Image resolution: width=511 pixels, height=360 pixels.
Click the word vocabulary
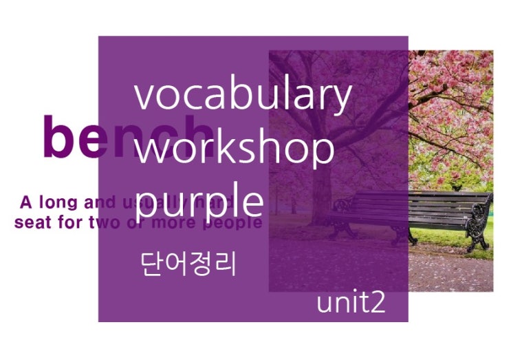[242, 96]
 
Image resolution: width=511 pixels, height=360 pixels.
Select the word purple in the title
[199, 200]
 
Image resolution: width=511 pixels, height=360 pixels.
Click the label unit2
[351, 304]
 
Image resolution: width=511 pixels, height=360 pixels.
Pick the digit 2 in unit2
[378, 304]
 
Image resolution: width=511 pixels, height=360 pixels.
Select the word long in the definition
[57, 203]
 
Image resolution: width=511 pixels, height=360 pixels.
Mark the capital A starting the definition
[27, 203]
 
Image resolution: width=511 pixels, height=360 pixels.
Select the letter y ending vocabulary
[342, 100]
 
